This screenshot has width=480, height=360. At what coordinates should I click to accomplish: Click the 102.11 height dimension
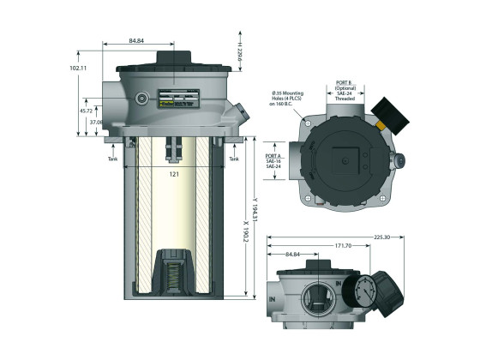point(77,66)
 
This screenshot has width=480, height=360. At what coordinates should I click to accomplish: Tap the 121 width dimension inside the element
point(173,174)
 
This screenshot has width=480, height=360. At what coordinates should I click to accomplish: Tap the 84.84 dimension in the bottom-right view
point(296,254)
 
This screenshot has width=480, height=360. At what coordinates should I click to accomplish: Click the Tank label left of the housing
point(111,159)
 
